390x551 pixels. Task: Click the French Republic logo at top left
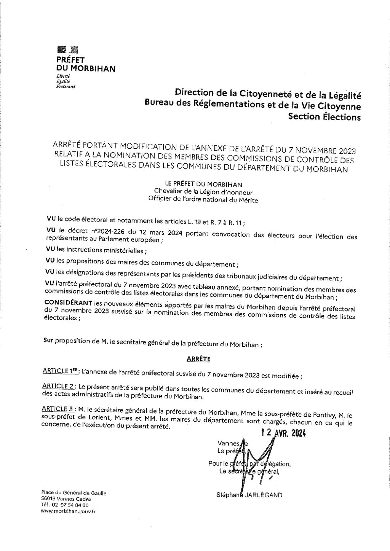(67, 49)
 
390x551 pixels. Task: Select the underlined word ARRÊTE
(199, 359)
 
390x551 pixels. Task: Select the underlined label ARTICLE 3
(58, 409)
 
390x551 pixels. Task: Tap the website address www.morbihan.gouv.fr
(68, 511)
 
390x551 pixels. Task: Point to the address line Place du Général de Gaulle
(74, 493)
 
